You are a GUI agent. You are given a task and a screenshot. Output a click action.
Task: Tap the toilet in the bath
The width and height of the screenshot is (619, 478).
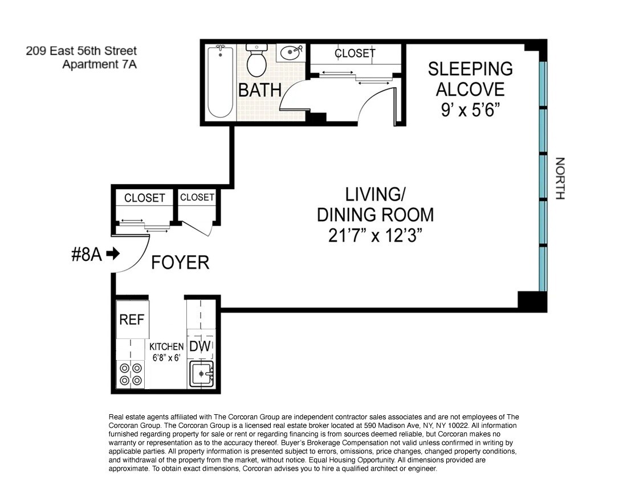click(x=256, y=61)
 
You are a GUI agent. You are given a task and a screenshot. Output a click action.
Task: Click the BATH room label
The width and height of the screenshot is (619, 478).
click(x=260, y=90)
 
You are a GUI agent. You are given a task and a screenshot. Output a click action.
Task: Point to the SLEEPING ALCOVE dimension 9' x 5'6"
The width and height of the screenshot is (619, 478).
click(x=470, y=110)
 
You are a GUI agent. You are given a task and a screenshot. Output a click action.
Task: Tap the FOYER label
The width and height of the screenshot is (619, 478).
click(x=180, y=263)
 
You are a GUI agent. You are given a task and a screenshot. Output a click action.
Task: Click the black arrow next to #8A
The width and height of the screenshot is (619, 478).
click(x=113, y=254)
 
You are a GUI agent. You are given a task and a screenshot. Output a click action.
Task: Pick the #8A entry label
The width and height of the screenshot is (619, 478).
click(x=87, y=254)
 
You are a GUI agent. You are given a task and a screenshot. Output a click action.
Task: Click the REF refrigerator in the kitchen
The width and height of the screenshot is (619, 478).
click(x=132, y=319)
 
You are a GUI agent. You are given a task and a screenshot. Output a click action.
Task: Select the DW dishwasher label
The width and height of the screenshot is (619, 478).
click(x=199, y=346)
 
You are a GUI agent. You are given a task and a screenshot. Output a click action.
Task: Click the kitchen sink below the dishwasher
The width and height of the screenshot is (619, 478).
click(x=201, y=374)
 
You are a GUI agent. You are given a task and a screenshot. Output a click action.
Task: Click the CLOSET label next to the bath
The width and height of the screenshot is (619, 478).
click(x=355, y=54)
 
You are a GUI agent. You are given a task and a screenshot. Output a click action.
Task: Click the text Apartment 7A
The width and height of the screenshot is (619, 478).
click(x=99, y=64)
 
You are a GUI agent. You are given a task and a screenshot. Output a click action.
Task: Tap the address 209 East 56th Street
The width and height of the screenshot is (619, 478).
click(x=81, y=51)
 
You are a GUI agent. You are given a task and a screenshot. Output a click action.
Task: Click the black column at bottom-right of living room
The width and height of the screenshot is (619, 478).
click(x=531, y=300)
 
